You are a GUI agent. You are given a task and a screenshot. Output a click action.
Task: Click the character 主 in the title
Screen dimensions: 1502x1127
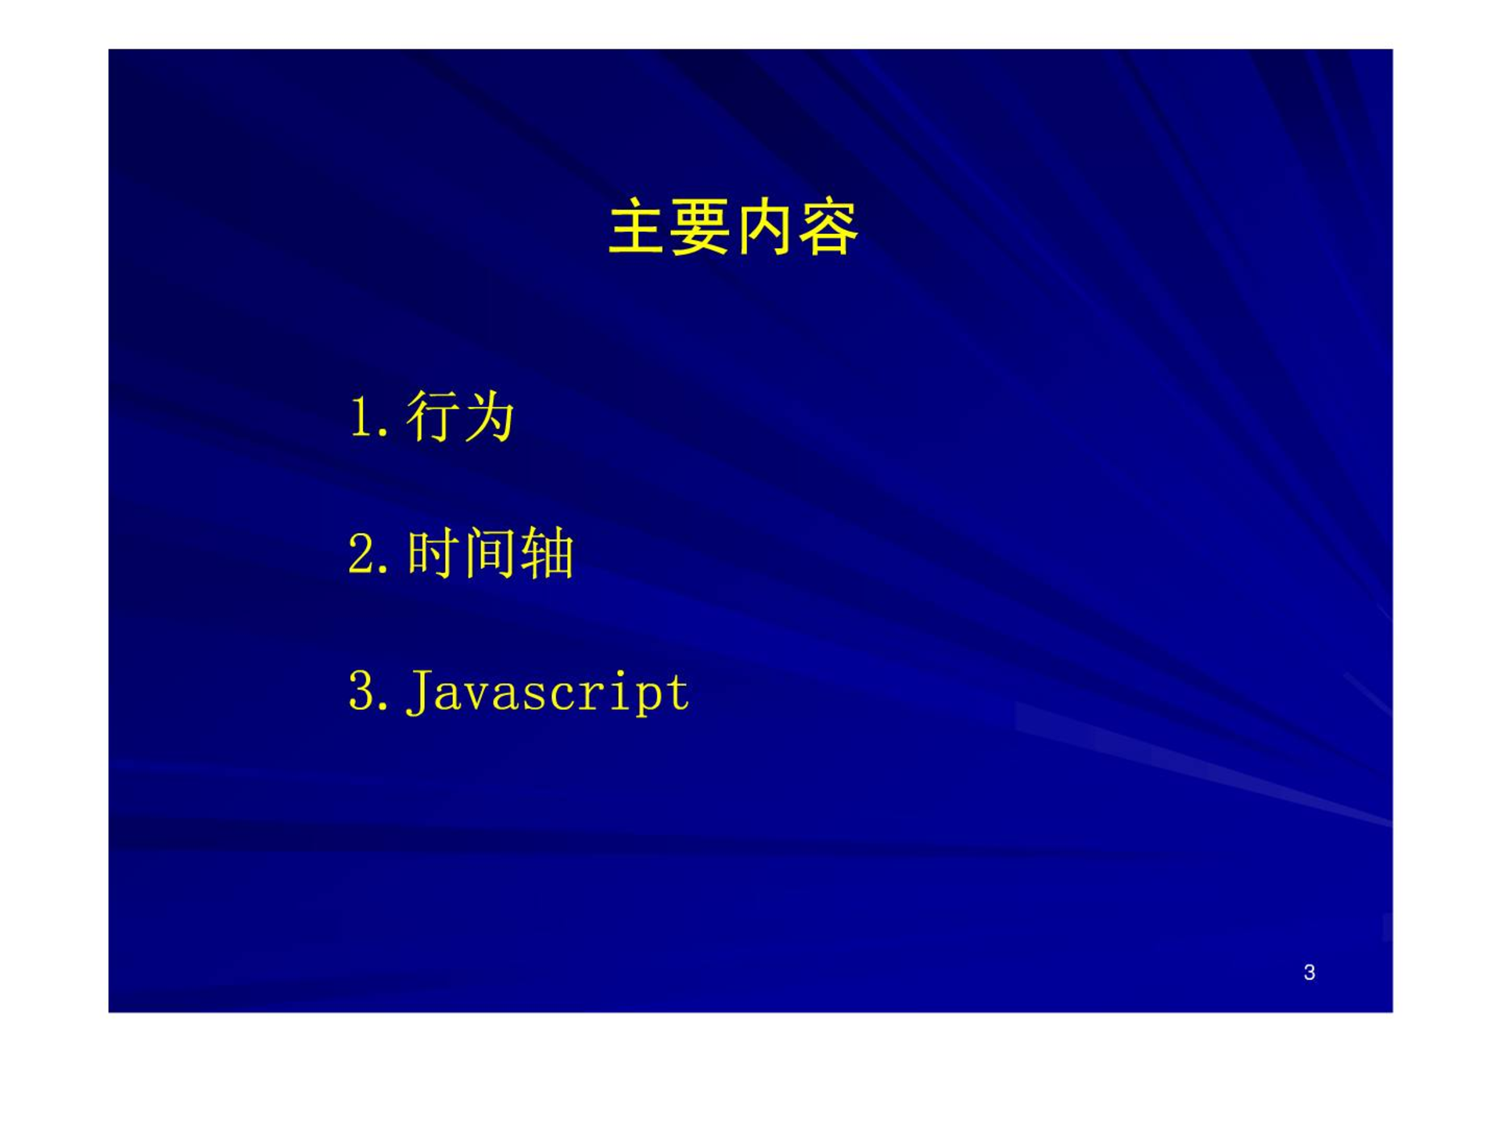click(638, 227)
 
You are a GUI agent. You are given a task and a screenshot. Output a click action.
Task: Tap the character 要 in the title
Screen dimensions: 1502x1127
click(701, 227)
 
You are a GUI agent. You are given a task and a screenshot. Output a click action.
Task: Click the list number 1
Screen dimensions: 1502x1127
click(361, 416)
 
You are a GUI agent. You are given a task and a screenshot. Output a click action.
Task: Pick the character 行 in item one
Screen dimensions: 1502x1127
click(433, 416)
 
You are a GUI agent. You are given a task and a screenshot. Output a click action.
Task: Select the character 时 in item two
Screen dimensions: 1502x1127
click(433, 553)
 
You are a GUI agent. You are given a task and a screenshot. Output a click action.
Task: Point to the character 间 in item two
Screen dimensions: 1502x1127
click(489, 553)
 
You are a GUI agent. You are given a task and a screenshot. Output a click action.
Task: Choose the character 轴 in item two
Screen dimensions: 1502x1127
click(547, 553)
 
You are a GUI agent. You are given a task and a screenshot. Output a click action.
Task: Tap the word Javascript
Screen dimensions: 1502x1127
click(548, 693)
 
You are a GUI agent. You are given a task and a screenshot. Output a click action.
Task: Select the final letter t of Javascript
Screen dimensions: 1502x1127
click(677, 693)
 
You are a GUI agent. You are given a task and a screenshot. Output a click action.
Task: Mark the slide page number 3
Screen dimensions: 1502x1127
click(1310, 972)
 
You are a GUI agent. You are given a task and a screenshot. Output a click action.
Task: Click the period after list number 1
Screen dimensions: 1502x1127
click(383, 432)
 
